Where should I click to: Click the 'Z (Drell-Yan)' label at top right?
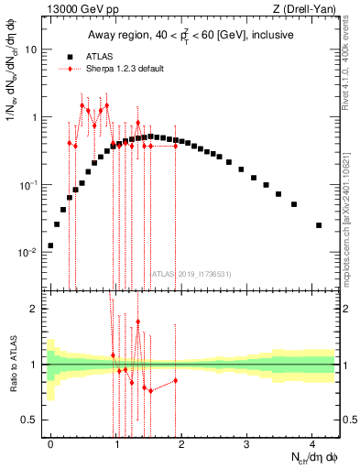pyautogui.click(x=306, y=9)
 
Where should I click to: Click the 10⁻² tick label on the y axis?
pyautogui.click(x=27, y=252)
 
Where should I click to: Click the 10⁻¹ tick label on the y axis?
pyautogui.click(x=27, y=185)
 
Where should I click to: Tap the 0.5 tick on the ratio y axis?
pyautogui.click(x=30, y=420)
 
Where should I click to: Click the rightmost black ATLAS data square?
pyautogui.click(x=319, y=224)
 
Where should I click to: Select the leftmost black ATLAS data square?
pyautogui.click(x=50, y=245)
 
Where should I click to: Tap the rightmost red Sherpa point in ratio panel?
pyautogui.click(x=175, y=380)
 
